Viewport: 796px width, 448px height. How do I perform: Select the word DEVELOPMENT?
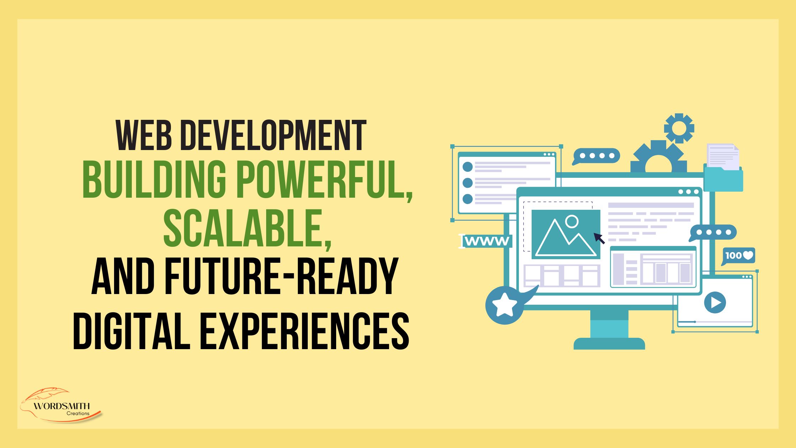pyautogui.click(x=273, y=135)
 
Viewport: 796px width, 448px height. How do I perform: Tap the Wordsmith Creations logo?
pyautogui.click(x=61, y=406)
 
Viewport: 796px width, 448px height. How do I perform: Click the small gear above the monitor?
pyautogui.click(x=679, y=128)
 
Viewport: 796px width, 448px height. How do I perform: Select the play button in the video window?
pyautogui.click(x=715, y=303)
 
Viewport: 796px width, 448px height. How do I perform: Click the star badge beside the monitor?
pyautogui.click(x=504, y=305)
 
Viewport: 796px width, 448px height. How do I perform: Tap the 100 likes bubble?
pyautogui.click(x=738, y=256)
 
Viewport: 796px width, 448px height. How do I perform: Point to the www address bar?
pyautogui.click(x=487, y=241)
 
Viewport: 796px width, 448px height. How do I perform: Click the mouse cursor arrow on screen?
pyautogui.click(x=599, y=238)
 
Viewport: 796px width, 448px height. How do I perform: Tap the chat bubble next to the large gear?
pyautogui.click(x=597, y=156)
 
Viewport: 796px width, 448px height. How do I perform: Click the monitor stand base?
pyautogui.click(x=609, y=343)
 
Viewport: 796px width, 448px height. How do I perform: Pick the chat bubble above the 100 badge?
pyautogui.click(x=714, y=233)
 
